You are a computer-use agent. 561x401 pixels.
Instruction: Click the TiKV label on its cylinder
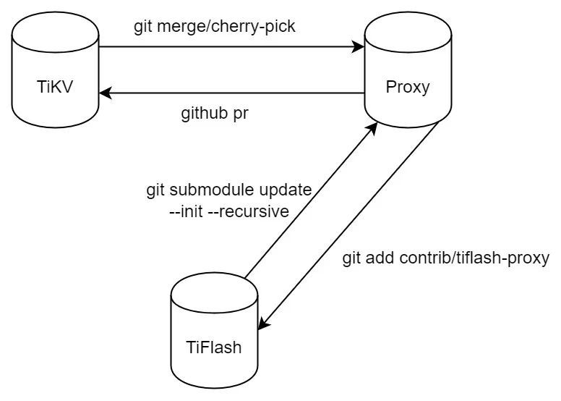click(x=56, y=88)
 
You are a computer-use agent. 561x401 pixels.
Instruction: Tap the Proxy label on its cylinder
click(x=407, y=88)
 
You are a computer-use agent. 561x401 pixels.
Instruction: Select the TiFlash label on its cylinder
click(x=213, y=347)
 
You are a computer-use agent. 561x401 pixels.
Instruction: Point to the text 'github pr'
click(x=215, y=114)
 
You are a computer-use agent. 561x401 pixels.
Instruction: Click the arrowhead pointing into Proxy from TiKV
click(x=359, y=48)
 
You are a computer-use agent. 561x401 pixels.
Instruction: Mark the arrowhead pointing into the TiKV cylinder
click(x=104, y=93)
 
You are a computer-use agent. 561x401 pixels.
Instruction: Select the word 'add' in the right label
click(x=384, y=258)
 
